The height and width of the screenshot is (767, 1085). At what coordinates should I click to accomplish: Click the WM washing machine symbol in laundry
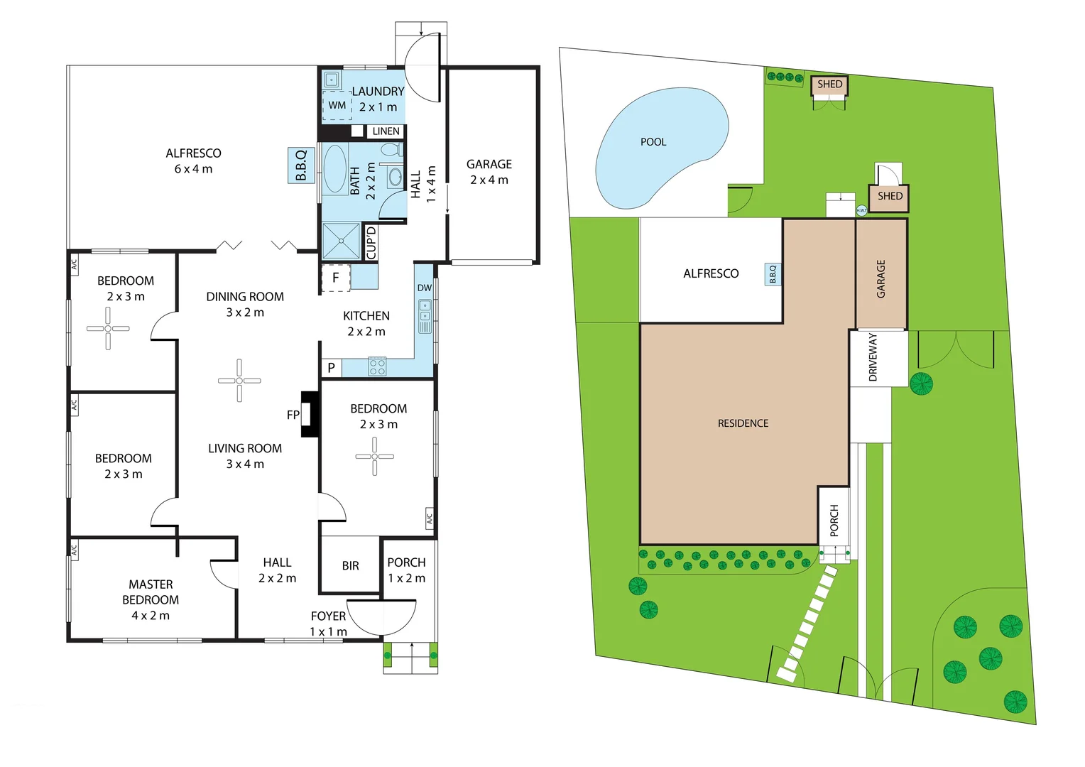click(x=337, y=105)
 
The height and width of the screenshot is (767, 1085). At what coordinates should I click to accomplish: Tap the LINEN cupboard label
click(x=386, y=131)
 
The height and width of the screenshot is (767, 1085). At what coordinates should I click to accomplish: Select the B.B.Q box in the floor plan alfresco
click(x=300, y=165)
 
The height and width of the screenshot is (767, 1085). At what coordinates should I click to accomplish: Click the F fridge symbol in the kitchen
click(x=336, y=278)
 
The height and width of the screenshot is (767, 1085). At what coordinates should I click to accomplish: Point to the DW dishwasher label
click(x=425, y=288)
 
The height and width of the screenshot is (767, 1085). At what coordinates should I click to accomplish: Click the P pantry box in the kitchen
click(x=331, y=368)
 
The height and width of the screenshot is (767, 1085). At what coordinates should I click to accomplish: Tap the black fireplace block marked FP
click(x=310, y=414)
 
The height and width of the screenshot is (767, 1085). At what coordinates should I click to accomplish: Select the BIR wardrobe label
click(x=350, y=566)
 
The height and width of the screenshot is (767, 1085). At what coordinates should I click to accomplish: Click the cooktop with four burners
click(x=377, y=366)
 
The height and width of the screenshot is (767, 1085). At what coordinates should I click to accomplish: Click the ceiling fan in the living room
click(x=239, y=381)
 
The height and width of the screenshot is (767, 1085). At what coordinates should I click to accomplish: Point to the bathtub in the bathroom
click(x=334, y=170)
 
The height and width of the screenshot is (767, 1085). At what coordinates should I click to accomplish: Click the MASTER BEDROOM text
click(x=151, y=592)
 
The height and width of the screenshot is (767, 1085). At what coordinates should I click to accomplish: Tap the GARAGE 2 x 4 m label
click(x=489, y=172)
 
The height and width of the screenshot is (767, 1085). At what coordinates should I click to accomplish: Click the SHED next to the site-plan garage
click(x=889, y=196)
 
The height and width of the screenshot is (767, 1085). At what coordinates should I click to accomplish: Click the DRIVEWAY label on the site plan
click(x=873, y=357)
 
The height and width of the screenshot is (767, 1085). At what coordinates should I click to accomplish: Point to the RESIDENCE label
click(x=743, y=423)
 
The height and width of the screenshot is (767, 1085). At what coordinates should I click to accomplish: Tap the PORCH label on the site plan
click(x=834, y=520)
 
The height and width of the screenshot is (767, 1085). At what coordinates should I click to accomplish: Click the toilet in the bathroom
click(x=390, y=150)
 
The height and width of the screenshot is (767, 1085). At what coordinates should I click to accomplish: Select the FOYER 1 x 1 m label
click(x=328, y=624)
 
